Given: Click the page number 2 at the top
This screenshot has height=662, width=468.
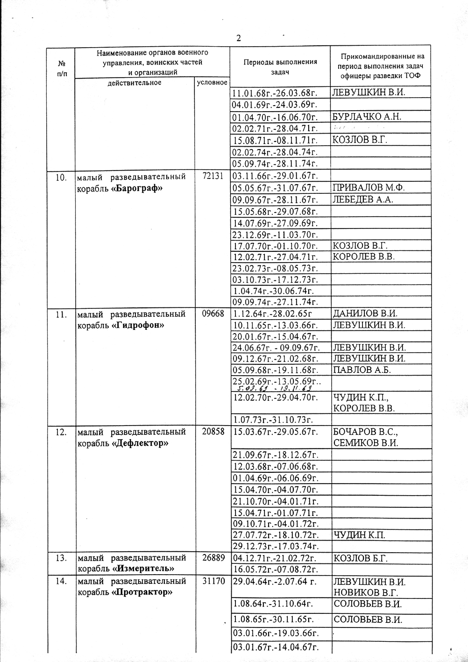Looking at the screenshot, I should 239,38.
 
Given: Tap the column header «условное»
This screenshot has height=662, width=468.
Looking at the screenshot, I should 212,82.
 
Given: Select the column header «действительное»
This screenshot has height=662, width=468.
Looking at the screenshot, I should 134,83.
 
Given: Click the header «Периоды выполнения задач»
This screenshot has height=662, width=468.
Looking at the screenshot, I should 280,66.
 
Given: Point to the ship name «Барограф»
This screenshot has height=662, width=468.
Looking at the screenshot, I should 137,188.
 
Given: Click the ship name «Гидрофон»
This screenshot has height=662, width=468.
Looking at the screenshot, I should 138,325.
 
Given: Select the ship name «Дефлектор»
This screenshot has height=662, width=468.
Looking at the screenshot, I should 141,443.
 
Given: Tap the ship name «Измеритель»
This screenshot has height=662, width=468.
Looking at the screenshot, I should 145,569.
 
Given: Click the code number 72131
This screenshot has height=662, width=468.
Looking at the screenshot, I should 213,177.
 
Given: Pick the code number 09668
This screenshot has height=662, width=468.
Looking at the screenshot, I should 213,314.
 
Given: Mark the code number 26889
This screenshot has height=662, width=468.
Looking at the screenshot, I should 213,558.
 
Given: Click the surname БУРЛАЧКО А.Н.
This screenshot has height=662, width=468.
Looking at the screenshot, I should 367,116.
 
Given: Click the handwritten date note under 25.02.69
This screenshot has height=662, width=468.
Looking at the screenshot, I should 275,388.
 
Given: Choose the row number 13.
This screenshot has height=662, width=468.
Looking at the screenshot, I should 61,558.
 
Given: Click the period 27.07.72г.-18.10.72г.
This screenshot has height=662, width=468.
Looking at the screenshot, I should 276,535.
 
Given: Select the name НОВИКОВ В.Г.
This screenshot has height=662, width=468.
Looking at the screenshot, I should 366,593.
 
